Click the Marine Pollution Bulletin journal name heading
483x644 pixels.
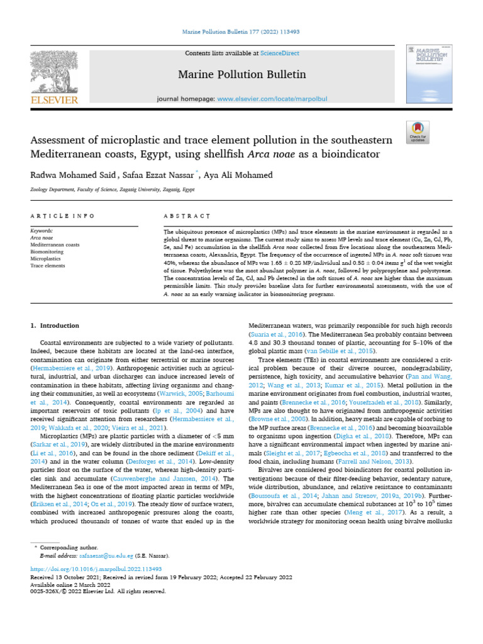[242, 75]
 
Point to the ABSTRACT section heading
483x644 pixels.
[187, 216]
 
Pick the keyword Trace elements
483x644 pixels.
[48, 265]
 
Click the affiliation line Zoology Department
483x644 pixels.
[113, 189]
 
